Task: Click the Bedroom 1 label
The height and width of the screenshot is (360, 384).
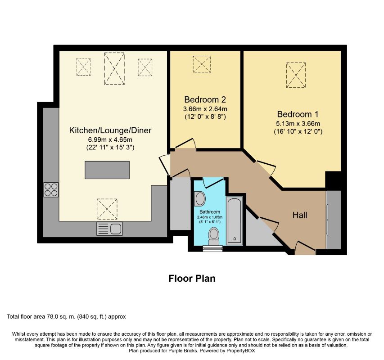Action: (298, 114)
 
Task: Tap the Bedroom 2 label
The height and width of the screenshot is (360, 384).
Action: (205, 99)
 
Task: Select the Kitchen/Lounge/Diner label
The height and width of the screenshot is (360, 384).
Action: (110, 130)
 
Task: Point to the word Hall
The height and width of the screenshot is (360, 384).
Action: (300, 215)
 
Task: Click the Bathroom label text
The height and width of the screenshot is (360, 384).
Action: (210, 211)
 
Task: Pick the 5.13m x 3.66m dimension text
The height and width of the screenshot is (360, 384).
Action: (298, 124)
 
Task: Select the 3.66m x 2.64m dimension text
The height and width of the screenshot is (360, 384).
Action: (205, 109)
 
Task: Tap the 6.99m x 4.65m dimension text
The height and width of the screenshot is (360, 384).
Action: (110, 140)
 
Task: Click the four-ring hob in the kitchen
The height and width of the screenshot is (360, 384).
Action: (51, 189)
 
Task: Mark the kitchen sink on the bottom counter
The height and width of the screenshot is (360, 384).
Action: (109, 229)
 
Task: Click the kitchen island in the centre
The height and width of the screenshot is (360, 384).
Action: (107, 170)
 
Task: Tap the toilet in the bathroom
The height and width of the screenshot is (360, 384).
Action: (214, 236)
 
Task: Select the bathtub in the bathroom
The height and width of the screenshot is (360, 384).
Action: (235, 220)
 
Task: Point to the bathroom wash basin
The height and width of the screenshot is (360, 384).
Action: (200, 198)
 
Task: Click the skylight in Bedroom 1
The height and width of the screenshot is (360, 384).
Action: (296, 75)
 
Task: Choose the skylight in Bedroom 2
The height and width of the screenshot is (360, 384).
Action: (202, 64)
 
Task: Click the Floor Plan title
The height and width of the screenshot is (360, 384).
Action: (192, 279)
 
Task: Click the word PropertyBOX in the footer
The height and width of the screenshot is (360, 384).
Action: (240, 351)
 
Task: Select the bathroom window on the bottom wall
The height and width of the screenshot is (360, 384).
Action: (213, 248)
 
